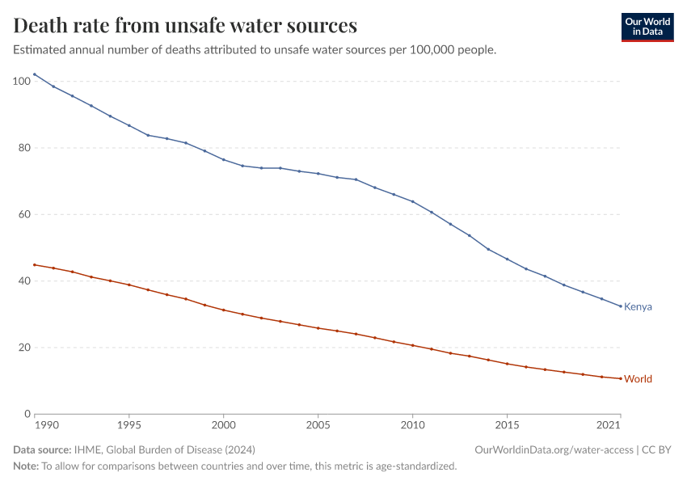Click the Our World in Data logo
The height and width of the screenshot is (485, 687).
point(647,27)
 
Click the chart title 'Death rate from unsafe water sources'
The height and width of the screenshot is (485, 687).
point(185,26)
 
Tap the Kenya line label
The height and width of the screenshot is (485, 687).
point(638,307)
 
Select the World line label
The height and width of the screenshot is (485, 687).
point(638,379)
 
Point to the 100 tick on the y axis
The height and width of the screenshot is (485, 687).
point(22,81)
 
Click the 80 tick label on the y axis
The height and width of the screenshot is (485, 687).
point(24,148)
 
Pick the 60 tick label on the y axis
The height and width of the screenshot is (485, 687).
point(24,214)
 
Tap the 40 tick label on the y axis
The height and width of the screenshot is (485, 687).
point(24,281)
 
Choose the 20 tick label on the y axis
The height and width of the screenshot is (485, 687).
point(24,348)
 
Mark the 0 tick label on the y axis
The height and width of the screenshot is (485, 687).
point(27,414)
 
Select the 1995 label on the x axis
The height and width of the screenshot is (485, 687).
point(129,424)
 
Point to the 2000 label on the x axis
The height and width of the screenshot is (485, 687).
point(223,424)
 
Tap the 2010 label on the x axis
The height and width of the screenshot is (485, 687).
point(412,424)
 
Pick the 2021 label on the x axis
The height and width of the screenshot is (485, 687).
point(609,424)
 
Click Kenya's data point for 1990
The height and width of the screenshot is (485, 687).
point(35,74)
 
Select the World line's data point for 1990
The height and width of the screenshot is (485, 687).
point(35,265)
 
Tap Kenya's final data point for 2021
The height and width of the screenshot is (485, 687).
point(620,306)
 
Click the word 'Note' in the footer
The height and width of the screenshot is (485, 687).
point(26,466)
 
